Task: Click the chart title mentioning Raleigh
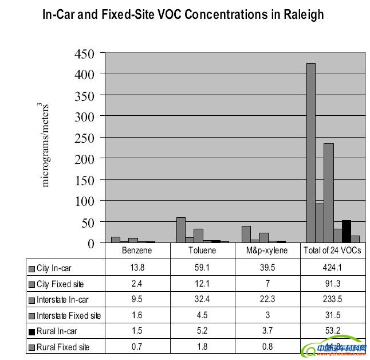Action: (183, 14)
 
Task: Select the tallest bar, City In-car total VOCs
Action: (311, 152)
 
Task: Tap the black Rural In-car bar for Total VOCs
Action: (346, 231)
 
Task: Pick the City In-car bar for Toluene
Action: (181, 230)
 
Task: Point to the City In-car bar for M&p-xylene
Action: (246, 234)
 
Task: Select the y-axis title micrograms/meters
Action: (46, 145)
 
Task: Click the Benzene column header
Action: (137, 251)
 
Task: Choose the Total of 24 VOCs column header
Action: (334, 251)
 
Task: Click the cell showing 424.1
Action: (334, 268)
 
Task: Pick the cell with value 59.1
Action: (203, 268)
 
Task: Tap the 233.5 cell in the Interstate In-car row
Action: (334, 299)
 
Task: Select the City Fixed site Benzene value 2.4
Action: (137, 283)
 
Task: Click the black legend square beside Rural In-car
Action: (32, 331)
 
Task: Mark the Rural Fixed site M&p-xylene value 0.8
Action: (268, 347)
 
